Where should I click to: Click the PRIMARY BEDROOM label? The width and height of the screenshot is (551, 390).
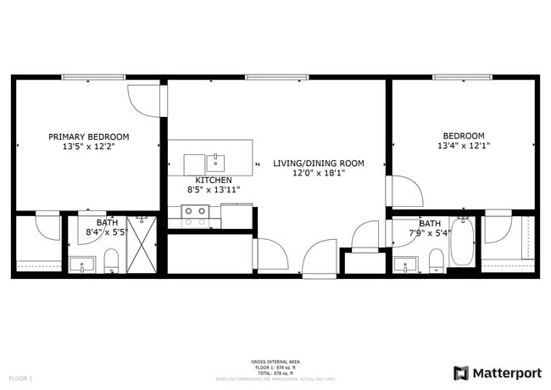tap(88, 136)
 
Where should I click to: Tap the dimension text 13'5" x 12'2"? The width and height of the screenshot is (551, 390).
tap(88, 147)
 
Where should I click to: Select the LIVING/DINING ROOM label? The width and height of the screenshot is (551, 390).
tap(318, 163)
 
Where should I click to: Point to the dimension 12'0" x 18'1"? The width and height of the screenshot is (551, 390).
tap(318, 173)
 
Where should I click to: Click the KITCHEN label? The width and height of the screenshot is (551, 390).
tap(213, 180)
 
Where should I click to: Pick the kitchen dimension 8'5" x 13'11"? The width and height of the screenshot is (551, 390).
tap(213, 190)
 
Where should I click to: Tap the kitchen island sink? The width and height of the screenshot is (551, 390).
tap(216, 162)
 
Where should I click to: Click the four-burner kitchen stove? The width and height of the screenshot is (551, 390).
tap(195, 216)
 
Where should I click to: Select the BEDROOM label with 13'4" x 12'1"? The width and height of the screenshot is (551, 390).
tap(463, 136)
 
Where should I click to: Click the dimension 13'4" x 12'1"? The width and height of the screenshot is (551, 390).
tap(463, 146)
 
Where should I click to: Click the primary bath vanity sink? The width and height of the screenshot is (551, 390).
tap(83, 264)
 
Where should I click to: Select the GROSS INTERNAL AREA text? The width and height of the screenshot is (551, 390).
tap(275, 361)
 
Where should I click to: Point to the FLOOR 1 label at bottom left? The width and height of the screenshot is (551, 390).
tap(20, 377)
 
